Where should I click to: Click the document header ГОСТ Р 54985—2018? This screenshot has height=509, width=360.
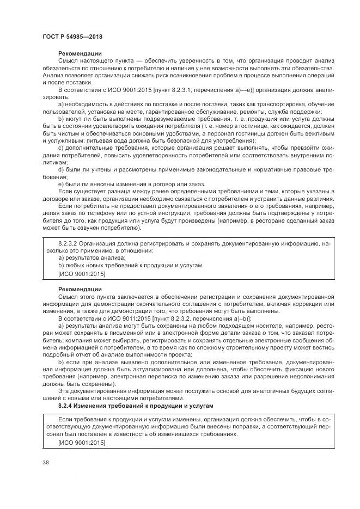pyautogui.click(x=72, y=36)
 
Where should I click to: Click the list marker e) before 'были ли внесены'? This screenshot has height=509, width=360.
pyautogui.click(x=60, y=185)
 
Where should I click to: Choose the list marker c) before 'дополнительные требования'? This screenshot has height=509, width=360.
pyautogui.click(x=60, y=147)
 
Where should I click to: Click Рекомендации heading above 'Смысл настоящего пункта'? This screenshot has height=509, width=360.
pyautogui.click(x=80, y=53)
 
